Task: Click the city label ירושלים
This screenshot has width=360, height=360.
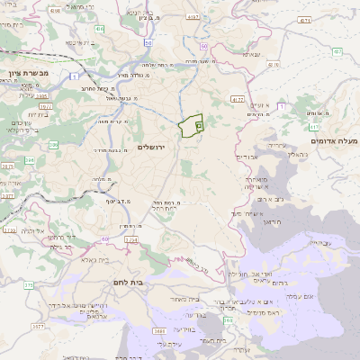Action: pos(156,147)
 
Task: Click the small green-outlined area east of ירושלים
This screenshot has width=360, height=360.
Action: pos(190,128)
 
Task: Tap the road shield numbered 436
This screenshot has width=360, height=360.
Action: pos(98,29)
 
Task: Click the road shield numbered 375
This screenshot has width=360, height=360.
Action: pos(28,284)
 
